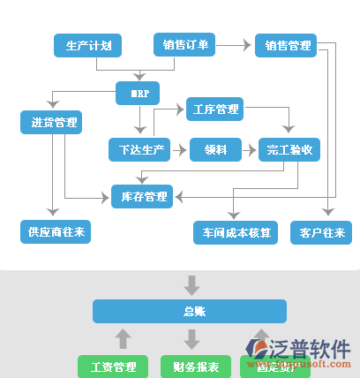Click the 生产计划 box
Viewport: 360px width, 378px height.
click(x=87, y=45)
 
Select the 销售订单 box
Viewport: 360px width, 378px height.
click(x=185, y=44)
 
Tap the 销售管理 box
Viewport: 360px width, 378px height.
click(x=287, y=45)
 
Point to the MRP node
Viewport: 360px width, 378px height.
click(x=137, y=92)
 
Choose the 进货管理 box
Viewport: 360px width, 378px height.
click(x=50, y=122)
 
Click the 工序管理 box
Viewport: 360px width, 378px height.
click(x=214, y=110)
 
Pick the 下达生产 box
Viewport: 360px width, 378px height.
click(x=137, y=150)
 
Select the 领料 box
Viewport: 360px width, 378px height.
click(x=215, y=150)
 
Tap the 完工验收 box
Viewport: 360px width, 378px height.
click(x=289, y=150)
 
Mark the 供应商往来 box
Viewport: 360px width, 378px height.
click(x=55, y=232)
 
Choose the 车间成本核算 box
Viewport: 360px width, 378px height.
click(x=236, y=233)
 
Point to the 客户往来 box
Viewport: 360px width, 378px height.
click(x=321, y=233)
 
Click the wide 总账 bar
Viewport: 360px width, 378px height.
click(x=190, y=311)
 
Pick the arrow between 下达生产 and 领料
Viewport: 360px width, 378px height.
click(x=178, y=150)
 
